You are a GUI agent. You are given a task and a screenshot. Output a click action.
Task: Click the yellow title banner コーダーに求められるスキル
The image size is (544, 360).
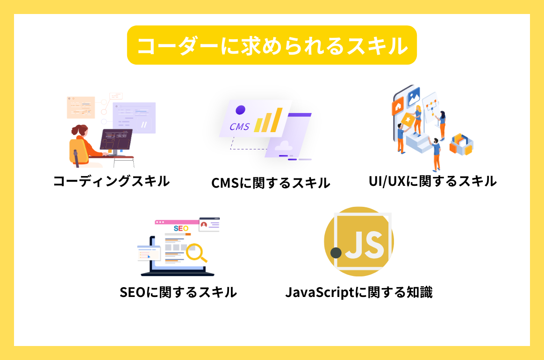point(272,45)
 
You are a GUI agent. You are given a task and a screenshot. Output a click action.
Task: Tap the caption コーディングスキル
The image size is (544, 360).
point(111,181)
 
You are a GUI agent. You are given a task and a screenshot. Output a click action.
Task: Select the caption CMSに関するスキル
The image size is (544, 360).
point(271,183)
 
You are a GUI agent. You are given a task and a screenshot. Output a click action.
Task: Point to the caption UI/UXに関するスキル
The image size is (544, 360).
point(432,181)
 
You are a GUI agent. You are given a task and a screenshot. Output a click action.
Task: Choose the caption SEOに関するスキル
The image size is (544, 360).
point(178,292)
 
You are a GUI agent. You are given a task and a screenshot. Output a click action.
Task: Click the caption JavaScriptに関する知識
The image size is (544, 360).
point(359,292)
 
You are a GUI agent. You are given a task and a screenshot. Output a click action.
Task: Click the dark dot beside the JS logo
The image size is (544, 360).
point(336,253)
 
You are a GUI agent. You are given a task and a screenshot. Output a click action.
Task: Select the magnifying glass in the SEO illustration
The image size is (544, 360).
point(195,252)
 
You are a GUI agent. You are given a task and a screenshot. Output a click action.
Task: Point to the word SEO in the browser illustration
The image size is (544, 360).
point(181,228)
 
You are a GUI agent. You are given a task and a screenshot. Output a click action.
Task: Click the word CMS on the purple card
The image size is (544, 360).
point(240,127)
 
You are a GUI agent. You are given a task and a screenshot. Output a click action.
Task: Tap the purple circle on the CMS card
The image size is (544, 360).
point(240,110)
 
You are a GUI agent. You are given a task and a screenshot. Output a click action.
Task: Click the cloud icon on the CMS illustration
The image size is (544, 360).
point(284,146)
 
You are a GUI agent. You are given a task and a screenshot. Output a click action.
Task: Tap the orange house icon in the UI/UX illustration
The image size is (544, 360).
point(398,106)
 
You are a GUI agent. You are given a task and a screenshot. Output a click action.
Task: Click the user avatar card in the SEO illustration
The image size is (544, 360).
point(209,225)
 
